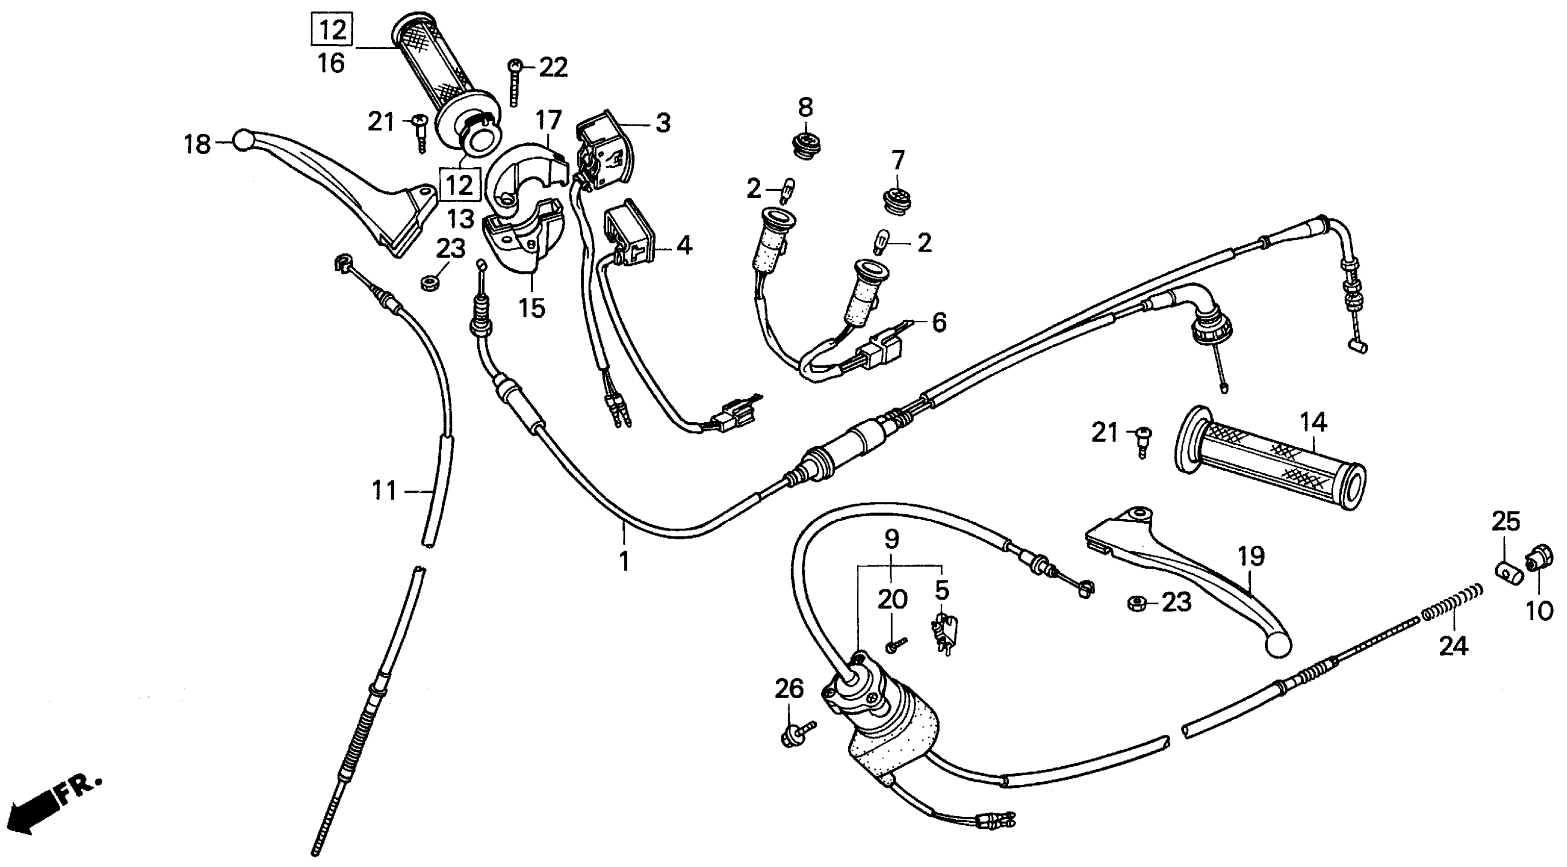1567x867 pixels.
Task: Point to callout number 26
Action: coord(789,689)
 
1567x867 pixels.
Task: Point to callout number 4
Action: coord(685,246)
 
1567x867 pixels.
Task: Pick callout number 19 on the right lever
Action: coord(1251,556)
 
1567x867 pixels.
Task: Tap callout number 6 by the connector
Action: coord(939,323)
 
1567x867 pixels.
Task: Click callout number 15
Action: coord(532,308)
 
